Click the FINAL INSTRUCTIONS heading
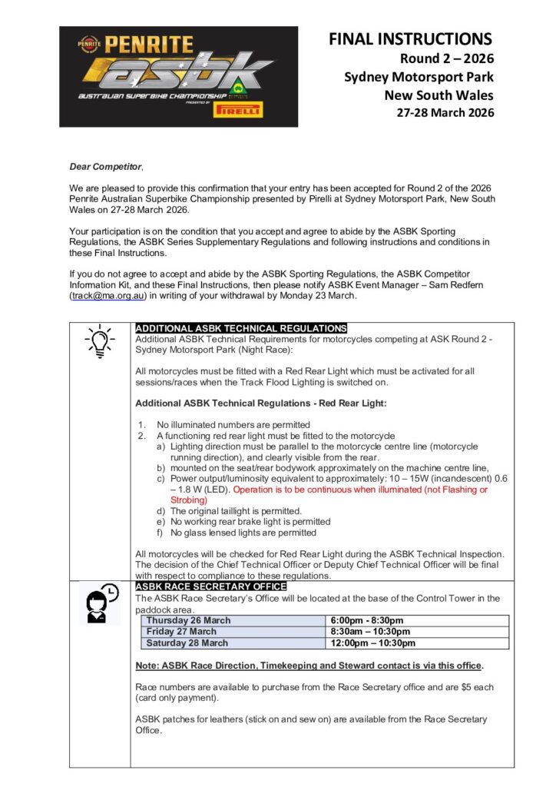tap(410, 38)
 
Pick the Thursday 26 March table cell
tap(188, 620)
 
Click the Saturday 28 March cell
tap(187, 643)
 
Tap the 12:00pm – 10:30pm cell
tap(372, 643)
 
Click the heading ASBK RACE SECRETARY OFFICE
tap(210, 586)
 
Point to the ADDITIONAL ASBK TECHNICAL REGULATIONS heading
tap(240, 328)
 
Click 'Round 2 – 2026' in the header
tap(447, 58)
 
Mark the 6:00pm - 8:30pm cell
tap(366, 620)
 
